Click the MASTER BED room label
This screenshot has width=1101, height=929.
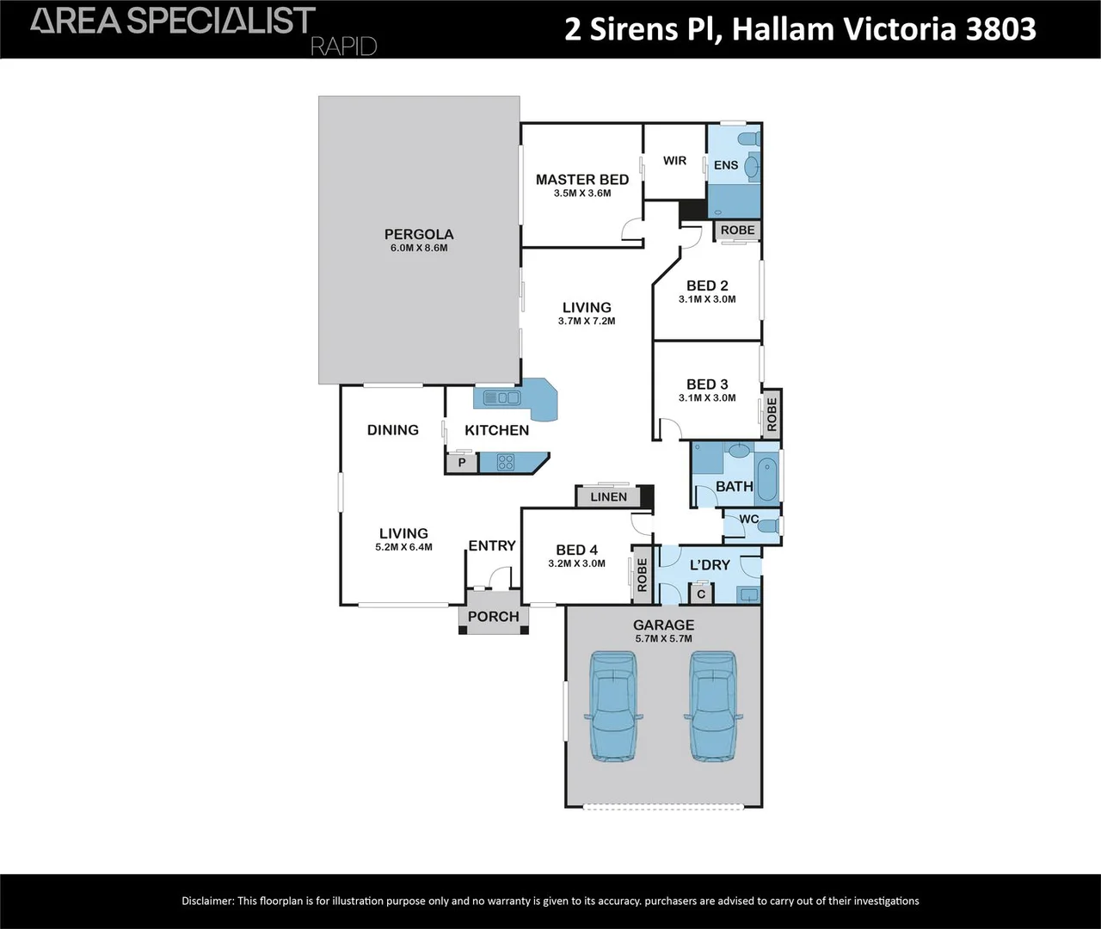(581, 180)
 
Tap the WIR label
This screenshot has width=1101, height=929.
(675, 161)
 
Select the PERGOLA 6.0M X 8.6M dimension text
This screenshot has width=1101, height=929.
(419, 249)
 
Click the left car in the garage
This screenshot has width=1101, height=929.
(612, 704)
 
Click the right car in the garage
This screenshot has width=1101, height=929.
(713, 704)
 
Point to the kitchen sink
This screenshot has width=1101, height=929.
(501, 397)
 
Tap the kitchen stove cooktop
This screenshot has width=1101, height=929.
(505, 463)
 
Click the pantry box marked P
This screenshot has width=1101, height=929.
(462, 463)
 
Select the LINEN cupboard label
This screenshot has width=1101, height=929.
(608, 496)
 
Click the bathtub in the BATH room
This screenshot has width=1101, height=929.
(767, 478)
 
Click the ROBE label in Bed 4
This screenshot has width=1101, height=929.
(642, 575)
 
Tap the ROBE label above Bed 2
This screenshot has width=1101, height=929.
(737, 230)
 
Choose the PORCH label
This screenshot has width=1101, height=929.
(493, 617)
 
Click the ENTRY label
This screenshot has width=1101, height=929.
(492, 545)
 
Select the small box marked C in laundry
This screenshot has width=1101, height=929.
(701, 594)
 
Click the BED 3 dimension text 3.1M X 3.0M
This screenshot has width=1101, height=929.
(707, 398)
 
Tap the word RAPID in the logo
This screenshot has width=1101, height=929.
(343, 46)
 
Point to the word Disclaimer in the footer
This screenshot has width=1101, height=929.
(207, 901)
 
